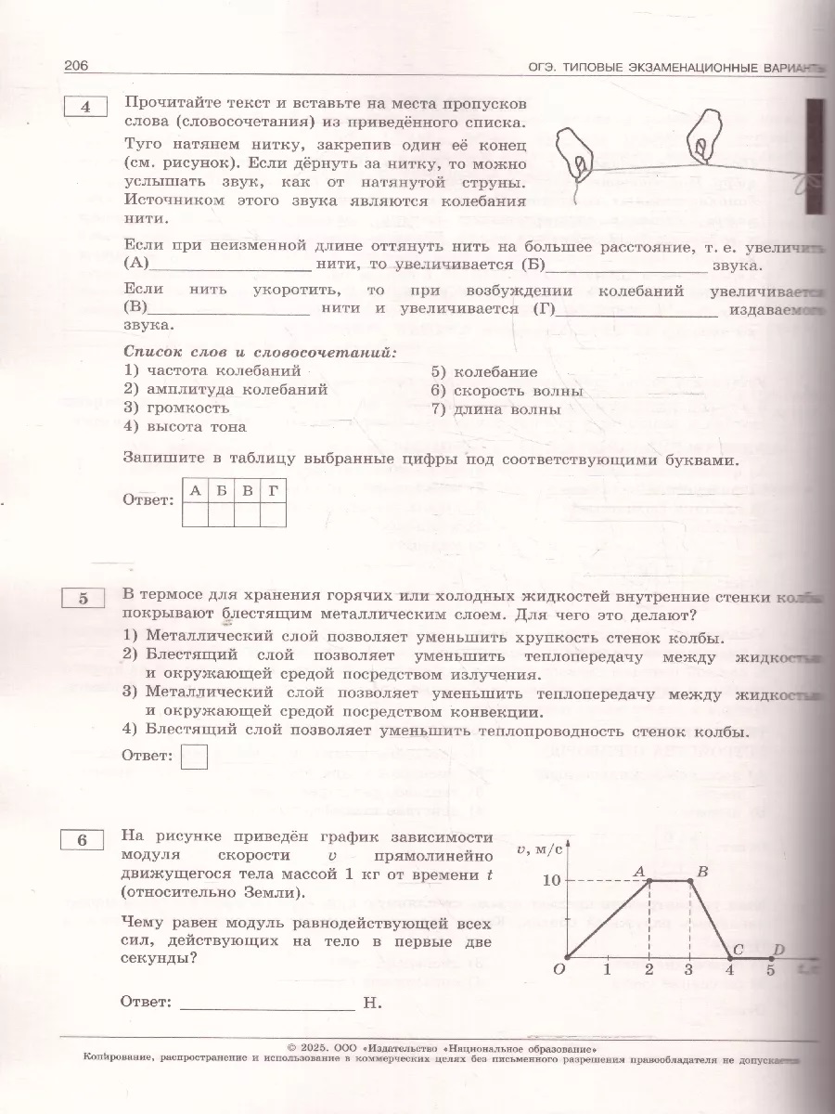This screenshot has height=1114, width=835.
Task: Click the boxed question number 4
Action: tap(85, 107)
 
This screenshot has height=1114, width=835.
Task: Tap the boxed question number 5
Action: tap(85, 599)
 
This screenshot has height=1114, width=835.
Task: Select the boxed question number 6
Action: tap(85, 840)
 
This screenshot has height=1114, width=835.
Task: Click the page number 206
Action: tap(75, 67)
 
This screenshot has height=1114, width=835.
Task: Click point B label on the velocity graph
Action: tap(702, 870)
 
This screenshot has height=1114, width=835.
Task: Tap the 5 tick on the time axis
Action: tap(770, 971)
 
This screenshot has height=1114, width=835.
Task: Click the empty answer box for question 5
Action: tap(194, 756)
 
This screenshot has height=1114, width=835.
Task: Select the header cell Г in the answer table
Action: tap(271, 491)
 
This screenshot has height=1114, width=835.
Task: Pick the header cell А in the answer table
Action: tap(196, 491)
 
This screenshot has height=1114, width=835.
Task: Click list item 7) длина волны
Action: tap(495, 409)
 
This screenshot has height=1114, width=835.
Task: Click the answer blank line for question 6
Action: tap(267, 1003)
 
